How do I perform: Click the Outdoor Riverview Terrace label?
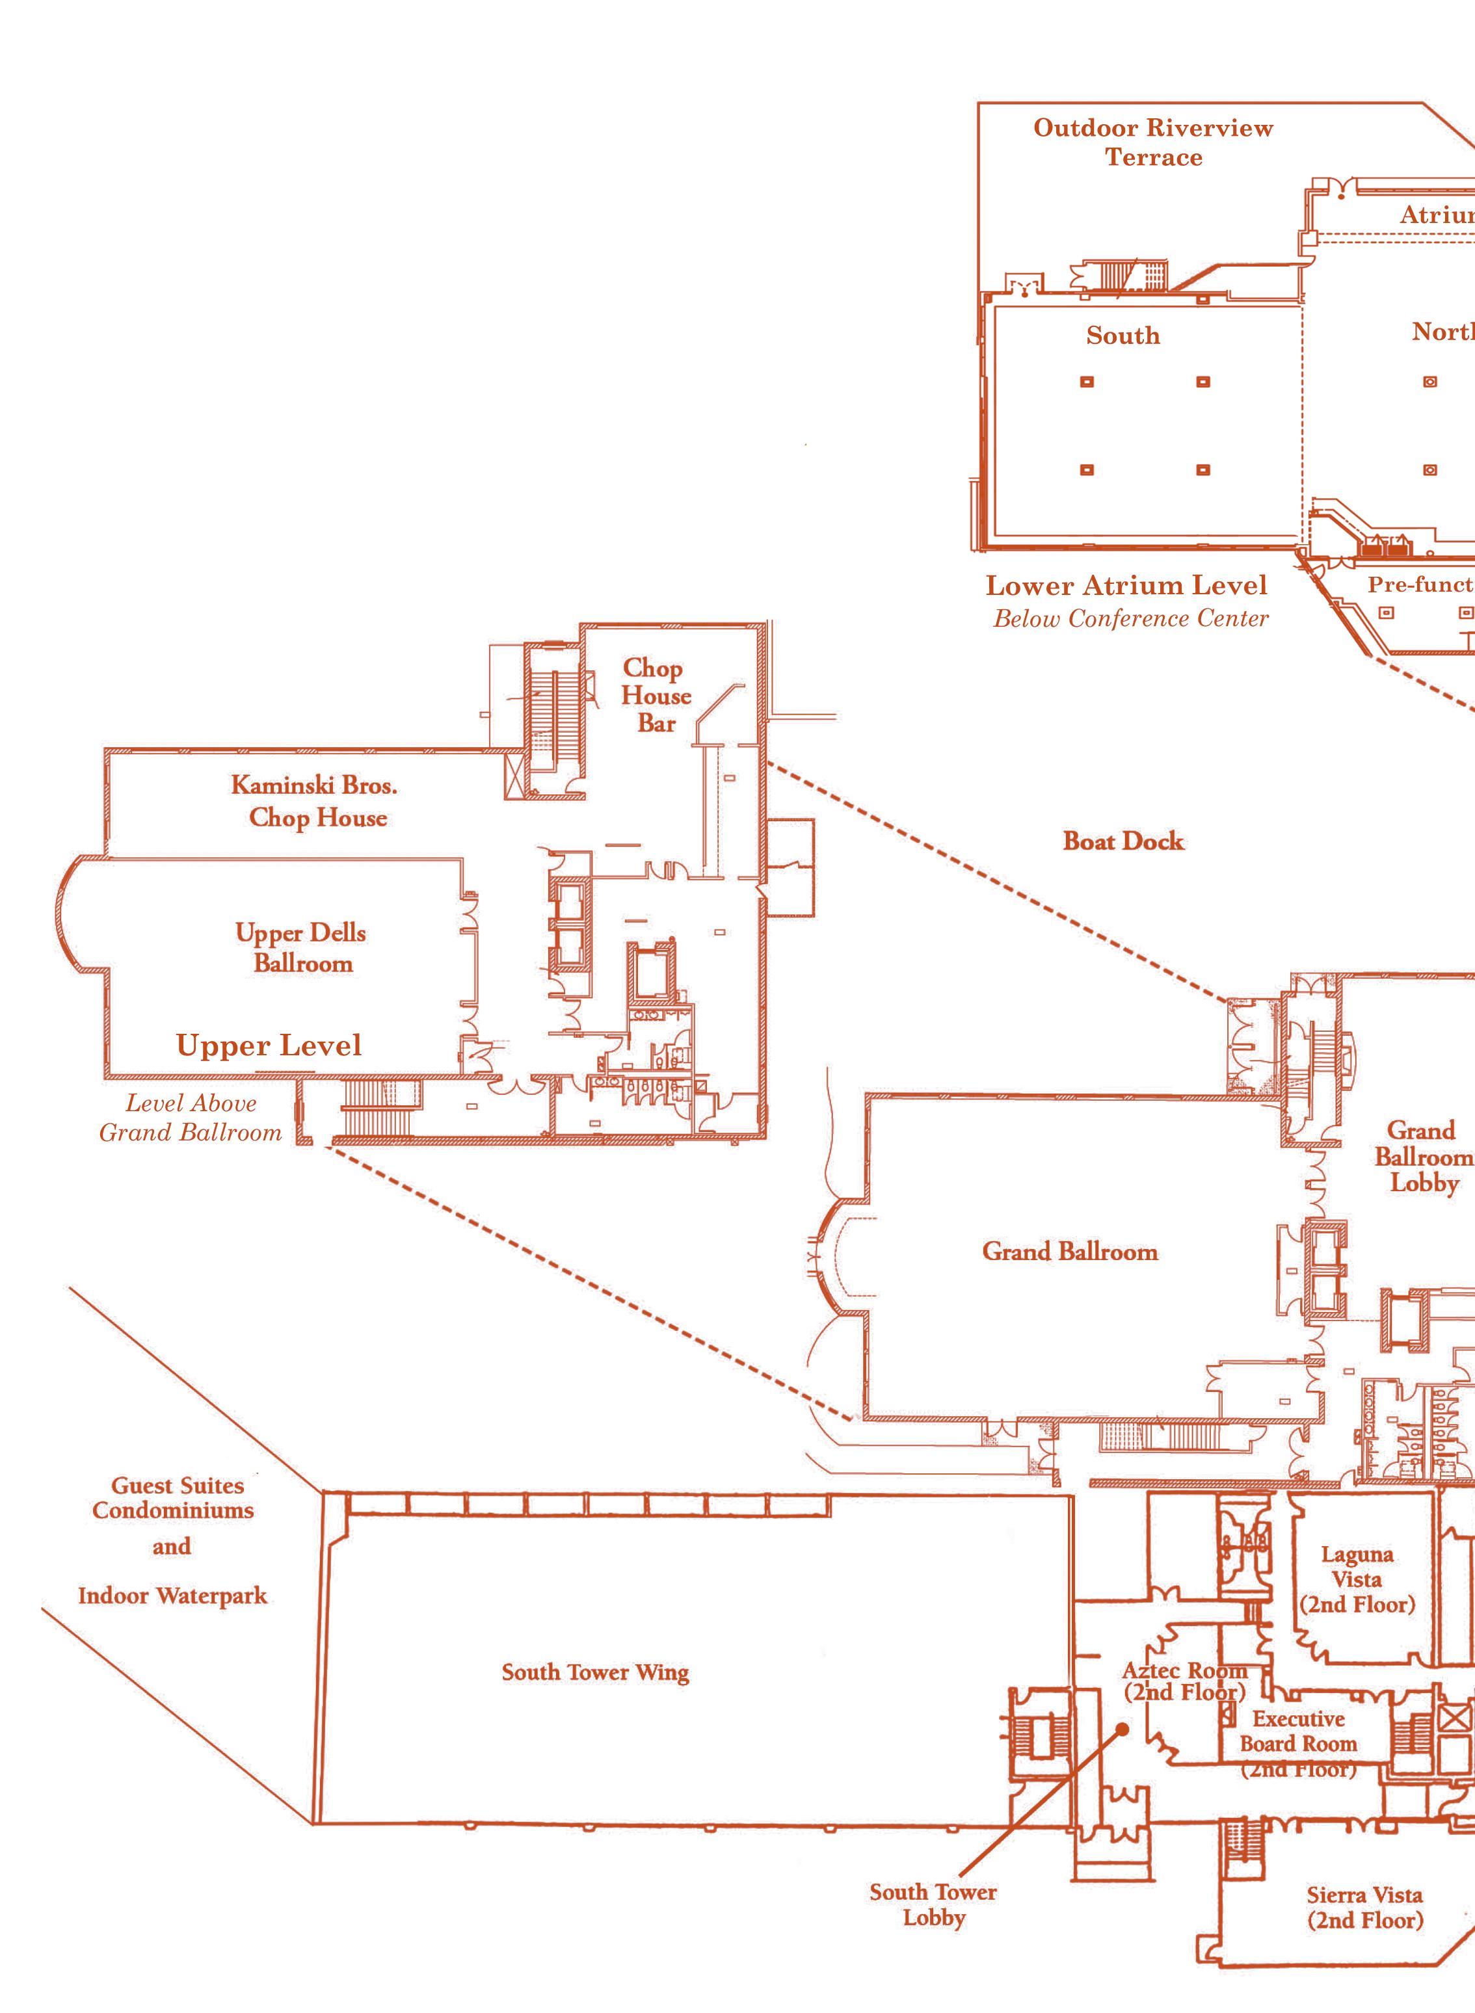1152,142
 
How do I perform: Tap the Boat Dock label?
1123,841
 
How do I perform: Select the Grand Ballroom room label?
1070,1252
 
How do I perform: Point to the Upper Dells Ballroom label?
302,947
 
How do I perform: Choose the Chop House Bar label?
656,696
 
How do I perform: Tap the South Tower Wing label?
594,1672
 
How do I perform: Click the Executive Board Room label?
1298,1743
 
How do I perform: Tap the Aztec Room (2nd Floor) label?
1184,1680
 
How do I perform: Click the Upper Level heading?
269,1046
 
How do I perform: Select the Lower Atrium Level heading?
1126,586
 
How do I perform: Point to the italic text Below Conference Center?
1130,618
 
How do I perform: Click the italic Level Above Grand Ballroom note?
190,1118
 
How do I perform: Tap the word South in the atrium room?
1123,335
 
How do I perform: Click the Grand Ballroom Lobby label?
1423,1156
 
